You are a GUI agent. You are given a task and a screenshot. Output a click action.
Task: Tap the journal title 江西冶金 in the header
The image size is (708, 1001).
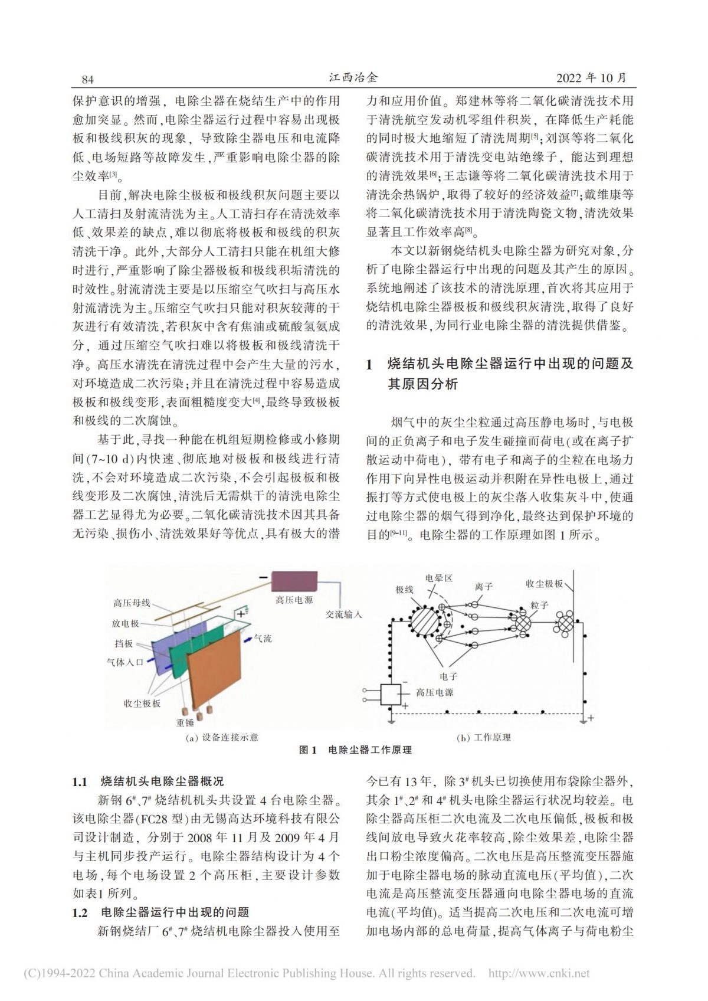[353, 78]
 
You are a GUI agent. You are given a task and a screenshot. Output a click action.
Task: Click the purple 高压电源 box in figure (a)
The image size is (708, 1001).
[294, 581]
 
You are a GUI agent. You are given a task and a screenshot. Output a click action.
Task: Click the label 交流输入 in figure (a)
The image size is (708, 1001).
[344, 614]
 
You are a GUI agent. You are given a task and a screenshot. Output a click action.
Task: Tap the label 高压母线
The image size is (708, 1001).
[132, 603]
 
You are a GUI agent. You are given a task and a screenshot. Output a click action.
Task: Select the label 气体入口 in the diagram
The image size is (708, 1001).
[125, 662]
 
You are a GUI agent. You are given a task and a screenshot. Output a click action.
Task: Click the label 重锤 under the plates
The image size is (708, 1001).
[185, 722]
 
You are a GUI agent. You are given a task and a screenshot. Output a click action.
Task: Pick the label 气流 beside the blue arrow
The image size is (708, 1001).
[263, 639]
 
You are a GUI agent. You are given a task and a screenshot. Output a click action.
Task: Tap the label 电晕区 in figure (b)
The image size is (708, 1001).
[438, 578]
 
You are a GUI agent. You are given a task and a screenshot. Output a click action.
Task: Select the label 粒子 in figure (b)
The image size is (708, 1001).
[539, 605]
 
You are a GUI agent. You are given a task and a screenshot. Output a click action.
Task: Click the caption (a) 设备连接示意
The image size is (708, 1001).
[221, 737]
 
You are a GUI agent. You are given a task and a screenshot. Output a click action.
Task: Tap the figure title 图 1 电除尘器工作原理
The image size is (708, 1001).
[355, 750]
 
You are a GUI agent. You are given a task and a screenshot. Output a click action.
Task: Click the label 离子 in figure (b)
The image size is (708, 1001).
[483, 587]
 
